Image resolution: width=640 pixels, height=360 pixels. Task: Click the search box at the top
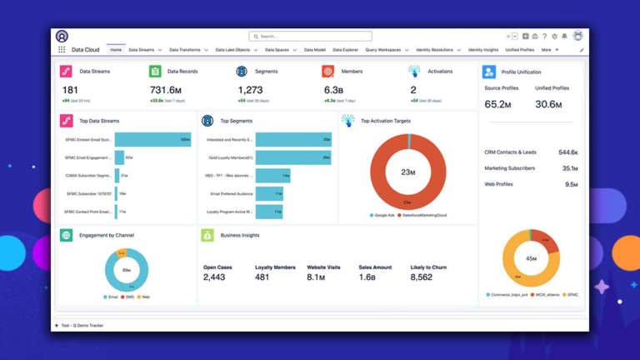coord(310,37)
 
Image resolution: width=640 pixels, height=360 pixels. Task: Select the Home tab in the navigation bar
coord(116,50)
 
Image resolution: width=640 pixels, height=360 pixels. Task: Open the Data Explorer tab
coord(345,50)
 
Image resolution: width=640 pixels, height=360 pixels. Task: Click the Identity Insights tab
coord(482,50)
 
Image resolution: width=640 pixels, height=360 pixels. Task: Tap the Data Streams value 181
coord(71,90)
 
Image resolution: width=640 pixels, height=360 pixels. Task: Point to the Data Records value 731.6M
coord(166,90)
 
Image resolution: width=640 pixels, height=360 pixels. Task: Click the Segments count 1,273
coord(250,90)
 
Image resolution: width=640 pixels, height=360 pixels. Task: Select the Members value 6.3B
coord(334,90)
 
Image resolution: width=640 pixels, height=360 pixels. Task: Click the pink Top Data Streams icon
coord(67,121)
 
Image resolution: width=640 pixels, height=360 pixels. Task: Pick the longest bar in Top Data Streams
coord(152,140)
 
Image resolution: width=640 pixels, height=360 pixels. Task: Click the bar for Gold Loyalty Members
coord(292,157)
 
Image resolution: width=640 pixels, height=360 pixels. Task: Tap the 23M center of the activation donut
coord(408,172)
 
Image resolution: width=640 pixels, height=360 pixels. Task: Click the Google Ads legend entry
coord(384,215)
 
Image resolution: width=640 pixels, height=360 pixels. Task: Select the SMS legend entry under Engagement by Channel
coord(130,297)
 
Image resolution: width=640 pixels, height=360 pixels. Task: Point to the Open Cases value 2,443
coord(214,277)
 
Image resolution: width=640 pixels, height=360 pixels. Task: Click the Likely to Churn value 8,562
coord(422,277)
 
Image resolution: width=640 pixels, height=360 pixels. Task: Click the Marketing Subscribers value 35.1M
coord(570,168)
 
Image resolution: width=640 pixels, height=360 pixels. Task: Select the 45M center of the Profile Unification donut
coord(531,258)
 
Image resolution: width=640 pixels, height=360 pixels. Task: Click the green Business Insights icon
coord(207,236)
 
